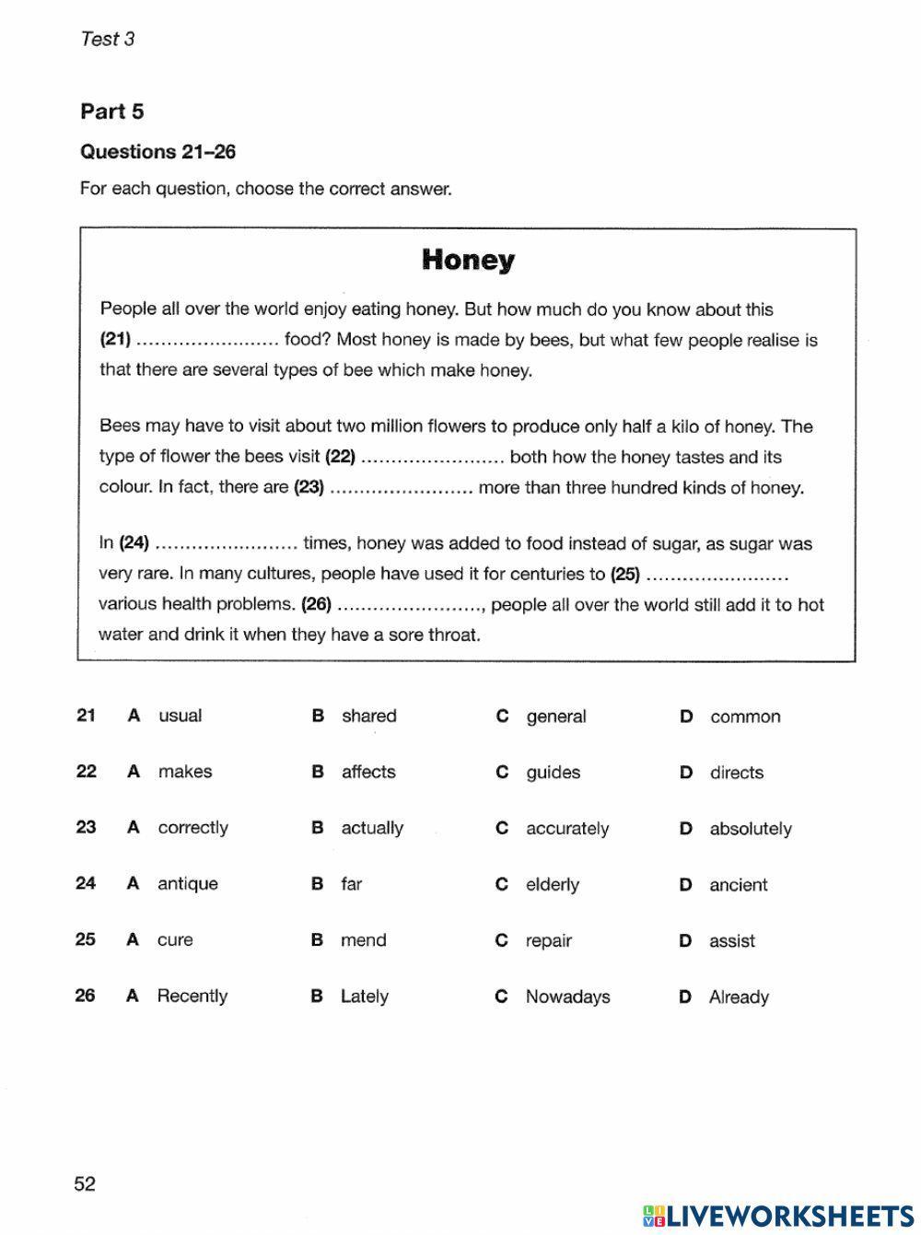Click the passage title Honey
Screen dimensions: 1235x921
(x=468, y=260)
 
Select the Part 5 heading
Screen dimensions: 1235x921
(x=112, y=111)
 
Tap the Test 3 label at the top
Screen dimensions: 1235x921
(x=108, y=39)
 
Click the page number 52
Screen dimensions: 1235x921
(x=85, y=1184)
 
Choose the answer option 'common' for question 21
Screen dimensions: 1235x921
(x=744, y=717)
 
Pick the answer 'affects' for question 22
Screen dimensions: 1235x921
(x=368, y=772)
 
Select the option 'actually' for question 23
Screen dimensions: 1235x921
(x=372, y=828)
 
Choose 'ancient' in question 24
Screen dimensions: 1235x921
(x=738, y=885)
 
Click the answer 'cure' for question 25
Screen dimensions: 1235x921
(x=175, y=940)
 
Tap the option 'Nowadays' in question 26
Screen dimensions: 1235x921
(x=567, y=996)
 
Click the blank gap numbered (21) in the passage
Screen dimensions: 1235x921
(x=207, y=341)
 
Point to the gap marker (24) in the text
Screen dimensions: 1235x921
(x=134, y=543)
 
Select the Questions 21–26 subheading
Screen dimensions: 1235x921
(x=158, y=152)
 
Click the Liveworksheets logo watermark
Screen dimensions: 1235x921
(x=778, y=1215)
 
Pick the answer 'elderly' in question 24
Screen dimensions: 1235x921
(x=553, y=885)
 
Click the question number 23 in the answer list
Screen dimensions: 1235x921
(x=86, y=827)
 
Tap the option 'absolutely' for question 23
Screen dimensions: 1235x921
(x=750, y=829)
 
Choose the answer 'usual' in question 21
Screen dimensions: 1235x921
(x=180, y=716)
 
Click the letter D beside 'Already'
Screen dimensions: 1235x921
(x=685, y=996)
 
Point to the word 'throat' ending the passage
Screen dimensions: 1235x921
(x=453, y=635)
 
